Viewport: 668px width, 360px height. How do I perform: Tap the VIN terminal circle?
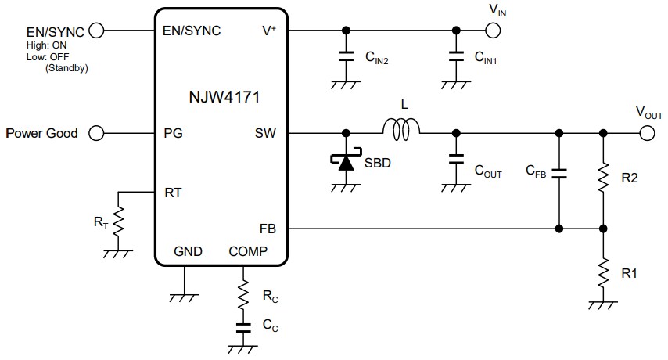[492, 31]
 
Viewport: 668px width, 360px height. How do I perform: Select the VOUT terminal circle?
[646, 133]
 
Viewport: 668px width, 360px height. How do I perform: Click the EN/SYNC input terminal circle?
[97, 31]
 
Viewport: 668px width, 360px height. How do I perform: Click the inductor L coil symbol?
[401, 130]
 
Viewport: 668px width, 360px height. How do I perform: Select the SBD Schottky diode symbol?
[345, 161]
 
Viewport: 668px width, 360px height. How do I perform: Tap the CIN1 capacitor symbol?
[454, 56]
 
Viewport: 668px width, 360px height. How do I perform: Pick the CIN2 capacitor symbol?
[345, 56]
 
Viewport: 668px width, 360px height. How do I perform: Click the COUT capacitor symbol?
[454, 160]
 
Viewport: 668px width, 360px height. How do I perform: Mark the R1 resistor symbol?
[603, 274]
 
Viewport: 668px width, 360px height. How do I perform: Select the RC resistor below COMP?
[243, 297]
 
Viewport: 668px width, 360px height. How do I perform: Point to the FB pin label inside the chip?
[268, 229]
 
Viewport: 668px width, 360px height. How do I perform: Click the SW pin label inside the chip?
[265, 133]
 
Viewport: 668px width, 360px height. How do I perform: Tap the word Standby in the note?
[66, 68]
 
